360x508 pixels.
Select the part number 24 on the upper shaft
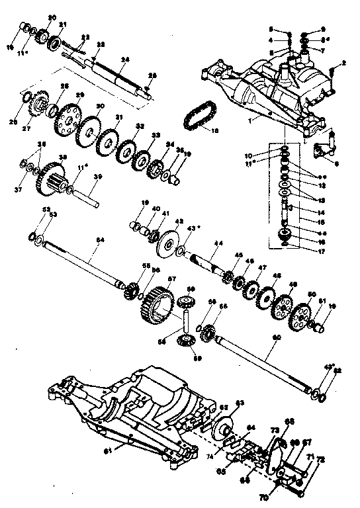[122, 59]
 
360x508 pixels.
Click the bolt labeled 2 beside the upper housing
[345, 63]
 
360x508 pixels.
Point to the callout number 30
[99, 106]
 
